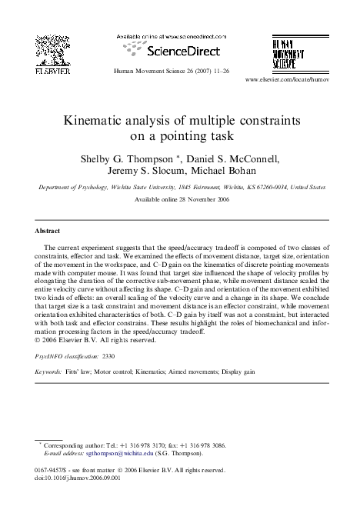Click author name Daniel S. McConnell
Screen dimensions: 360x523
click(235, 159)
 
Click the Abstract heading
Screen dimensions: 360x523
click(51, 230)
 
